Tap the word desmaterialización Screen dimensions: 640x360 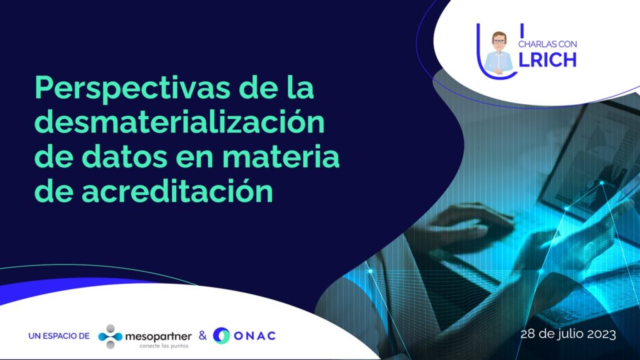coord(179,121)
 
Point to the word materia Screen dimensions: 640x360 coord(281,156)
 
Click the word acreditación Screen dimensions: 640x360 coord(177,191)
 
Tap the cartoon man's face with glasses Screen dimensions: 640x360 coord(498,41)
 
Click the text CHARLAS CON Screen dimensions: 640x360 coord(547,44)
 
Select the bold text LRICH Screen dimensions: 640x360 coord(547,60)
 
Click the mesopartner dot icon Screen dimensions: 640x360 coord(110,336)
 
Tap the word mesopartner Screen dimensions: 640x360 coord(158,336)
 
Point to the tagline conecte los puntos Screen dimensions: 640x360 coord(164,346)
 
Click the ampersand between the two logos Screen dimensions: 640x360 coord(202,336)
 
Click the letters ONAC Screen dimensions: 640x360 coord(255,336)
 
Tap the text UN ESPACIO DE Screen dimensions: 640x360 coord(59,336)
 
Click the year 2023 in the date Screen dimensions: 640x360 coord(601,334)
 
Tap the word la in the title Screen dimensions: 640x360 coord(301,87)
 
